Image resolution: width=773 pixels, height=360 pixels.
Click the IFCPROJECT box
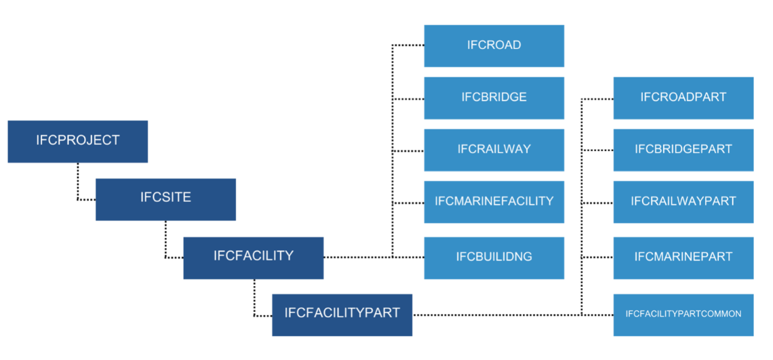pyautogui.click(x=77, y=141)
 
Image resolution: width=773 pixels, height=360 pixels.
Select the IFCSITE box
pyautogui.click(x=165, y=199)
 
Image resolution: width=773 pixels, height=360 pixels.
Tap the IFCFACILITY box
pyautogui.click(x=253, y=257)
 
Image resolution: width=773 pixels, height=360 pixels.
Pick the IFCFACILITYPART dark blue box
pyautogui.click(x=342, y=314)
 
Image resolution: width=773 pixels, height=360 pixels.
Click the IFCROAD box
pyautogui.click(x=494, y=45)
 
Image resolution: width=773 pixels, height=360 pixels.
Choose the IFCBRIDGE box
pyautogui.click(x=494, y=98)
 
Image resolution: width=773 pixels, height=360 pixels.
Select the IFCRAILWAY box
pyautogui.click(x=494, y=150)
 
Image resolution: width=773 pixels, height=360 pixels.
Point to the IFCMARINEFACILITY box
pyautogui.click(x=494, y=201)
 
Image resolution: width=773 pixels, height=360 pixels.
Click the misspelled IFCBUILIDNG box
pyautogui.click(x=494, y=257)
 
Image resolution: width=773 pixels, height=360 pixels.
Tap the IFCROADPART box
pyautogui.click(x=683, y=98)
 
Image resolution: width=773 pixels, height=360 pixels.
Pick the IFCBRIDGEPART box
pyautogui.click(x=683, y=150)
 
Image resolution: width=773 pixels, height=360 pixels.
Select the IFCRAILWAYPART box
pyautogui.click(x=683, y=201)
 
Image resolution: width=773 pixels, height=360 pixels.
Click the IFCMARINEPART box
pyautogui.click(x=683, y=257)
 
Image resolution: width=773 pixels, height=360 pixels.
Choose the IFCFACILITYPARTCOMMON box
pyautogui.click(x=683, y=314)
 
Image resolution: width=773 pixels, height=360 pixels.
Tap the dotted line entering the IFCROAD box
pyautogui.click(x=408, y=45)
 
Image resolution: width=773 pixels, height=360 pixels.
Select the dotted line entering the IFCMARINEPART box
pyautogui.click(x=597, y=257)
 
